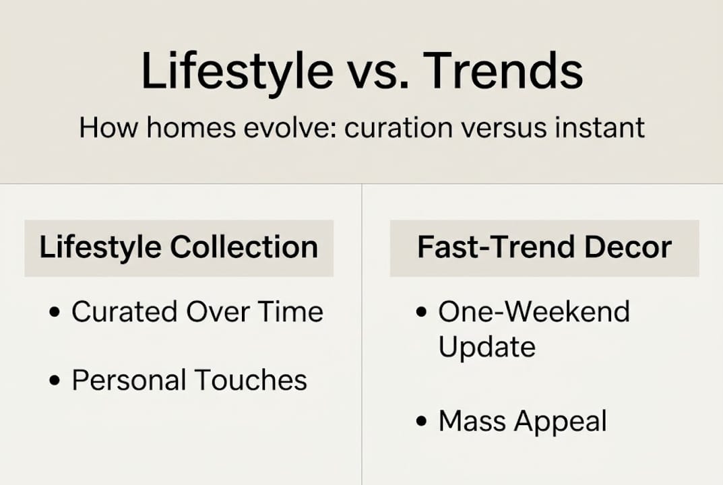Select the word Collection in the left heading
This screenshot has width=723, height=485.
[x=244, y=247]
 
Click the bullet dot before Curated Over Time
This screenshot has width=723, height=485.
[x=56, y=313]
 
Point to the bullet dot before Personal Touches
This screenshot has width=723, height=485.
[x=56, y=381]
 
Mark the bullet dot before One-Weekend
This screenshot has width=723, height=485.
[x=422, y=313]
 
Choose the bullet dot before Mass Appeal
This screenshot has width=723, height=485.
[x=422, y=423]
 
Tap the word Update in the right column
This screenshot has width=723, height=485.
[x=486, y=348]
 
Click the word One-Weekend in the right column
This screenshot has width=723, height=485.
[x=534, y=312]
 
